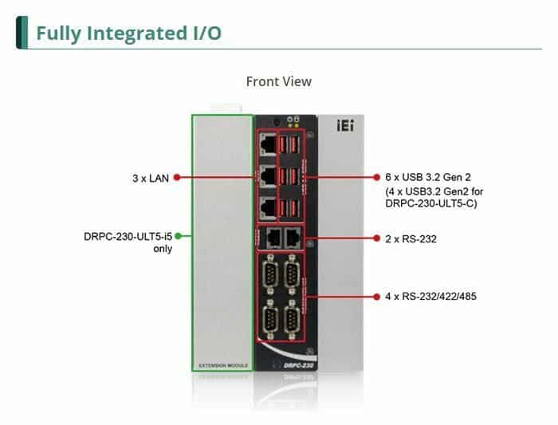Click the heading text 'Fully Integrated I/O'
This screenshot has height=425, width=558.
(x=128, y=33)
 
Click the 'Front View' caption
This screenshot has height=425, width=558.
(x=278, y=81)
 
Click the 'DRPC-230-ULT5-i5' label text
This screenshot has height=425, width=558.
(x=128, y=237)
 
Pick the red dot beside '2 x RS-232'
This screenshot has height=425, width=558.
(x=376, y=238)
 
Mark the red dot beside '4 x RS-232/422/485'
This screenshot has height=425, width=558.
(x=376, y=297)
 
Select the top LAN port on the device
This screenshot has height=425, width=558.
(x=269, y=144)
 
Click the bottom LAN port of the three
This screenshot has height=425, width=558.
(x=269, y=206)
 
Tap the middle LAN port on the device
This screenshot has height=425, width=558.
(x=269, y=175)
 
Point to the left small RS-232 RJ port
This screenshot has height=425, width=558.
(x=272, y=237)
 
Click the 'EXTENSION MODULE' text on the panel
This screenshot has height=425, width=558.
(x=222, y=366)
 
